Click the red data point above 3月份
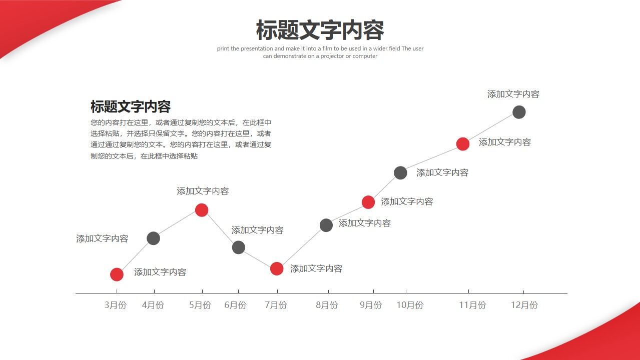point(117,274)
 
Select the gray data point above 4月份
point(154,238)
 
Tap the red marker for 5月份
point(202,210)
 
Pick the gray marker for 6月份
point(239,247)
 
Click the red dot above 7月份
point(277,269)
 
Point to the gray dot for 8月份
point(326,225)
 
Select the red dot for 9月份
point(368,202)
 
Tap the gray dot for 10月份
point(400,173)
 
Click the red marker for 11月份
point(463,144)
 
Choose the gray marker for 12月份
point(519,112)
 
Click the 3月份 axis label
point(116,305)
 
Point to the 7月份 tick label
point(276,305)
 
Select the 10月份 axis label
point(410,305)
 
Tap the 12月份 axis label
point(524,305)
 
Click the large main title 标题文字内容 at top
point(320,30)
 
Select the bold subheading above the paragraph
point(131,106)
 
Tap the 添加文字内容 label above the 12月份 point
point(513,94)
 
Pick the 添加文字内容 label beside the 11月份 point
point(504,142)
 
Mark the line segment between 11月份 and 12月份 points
point(491,128)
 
